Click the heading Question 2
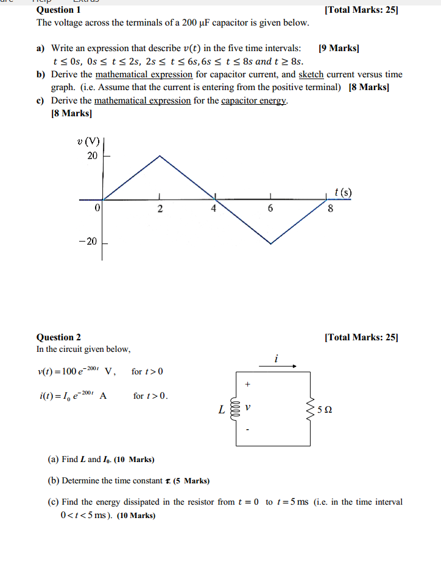point(58,337)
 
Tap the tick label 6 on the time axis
point(270,209)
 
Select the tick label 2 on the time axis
point(160,209)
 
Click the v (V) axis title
point(89,142)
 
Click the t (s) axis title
point(343,193)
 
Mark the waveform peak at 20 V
point(160,156)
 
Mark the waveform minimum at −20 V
point(270,244)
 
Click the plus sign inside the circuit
point(247,385)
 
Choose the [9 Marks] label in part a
point(339,48)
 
